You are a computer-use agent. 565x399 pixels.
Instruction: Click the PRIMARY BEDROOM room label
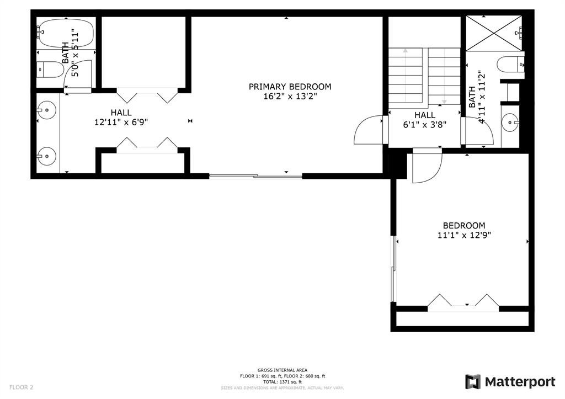pyautogui.click(x=290, y=87)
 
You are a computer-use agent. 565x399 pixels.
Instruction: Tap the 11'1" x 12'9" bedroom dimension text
pyautogui.click(x=464, y=235)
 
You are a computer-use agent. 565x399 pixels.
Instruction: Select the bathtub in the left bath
pyautogui.click(x=66, y=33)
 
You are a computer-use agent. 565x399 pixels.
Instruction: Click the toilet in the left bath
pyautogui.click(x=50, y=70)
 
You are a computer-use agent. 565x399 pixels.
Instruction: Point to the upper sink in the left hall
pyautogui.click(x=46, y=109)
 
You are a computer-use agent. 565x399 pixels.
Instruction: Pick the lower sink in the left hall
pyautogui.click(x=46, y=156)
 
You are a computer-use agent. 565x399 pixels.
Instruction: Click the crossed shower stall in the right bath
pyautogui.click(x=494, y=33)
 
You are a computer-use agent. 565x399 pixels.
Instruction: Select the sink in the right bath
pyautogui.click(x=510, y=122)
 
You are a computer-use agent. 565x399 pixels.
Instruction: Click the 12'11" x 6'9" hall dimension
pyautogui.click(x=121, y=123)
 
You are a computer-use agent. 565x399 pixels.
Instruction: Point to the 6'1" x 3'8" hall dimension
pyautogui.click(x=424, y=125)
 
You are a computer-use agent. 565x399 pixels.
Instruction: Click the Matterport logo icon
pyautogui.click(x=473, y=382)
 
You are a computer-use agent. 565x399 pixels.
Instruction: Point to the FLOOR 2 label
pyautogui.click(x=22, y=387)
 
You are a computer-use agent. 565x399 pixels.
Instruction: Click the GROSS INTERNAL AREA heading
pyautogui.click(x=282, y=370)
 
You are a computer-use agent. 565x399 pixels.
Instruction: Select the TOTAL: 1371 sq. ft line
pyautogui.click(x=282, y=382)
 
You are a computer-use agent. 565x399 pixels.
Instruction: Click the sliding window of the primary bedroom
pyautogui.click(x=255, y=176)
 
